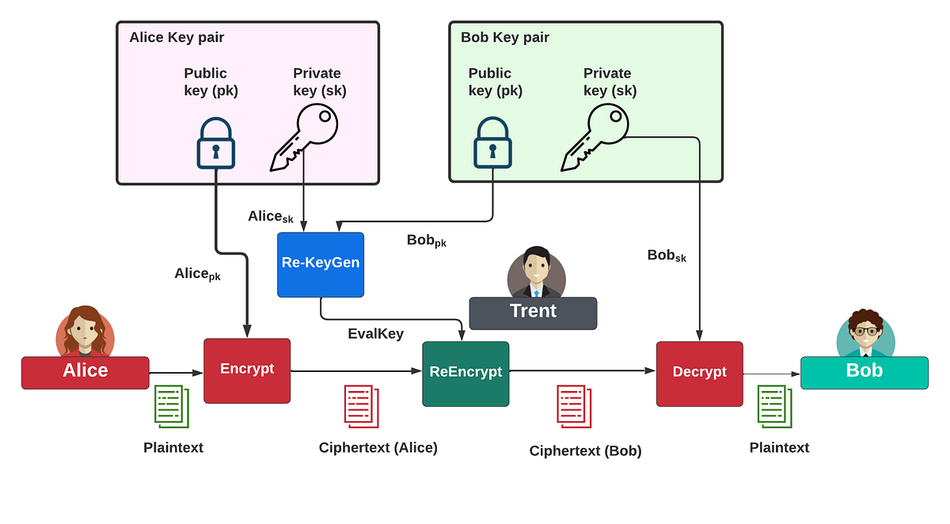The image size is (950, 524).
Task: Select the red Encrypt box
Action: click(x=247, y=370)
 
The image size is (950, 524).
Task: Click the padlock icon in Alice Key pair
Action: click(x=215, y=143)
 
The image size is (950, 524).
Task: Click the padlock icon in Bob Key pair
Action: click(x=492, y=143)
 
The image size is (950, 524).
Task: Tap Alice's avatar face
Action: click(x=85, y=331)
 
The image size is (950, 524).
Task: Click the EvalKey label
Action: click(x=375, y=334)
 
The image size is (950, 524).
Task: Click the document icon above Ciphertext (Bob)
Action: click(x=574, y=407)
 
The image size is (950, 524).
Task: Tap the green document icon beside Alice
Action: click(x=172, y=405)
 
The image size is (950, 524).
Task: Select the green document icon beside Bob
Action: click(x=774, y=405)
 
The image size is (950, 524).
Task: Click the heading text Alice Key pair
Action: click(x=177, y=37)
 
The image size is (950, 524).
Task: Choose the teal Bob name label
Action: click(x=864, y=372)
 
